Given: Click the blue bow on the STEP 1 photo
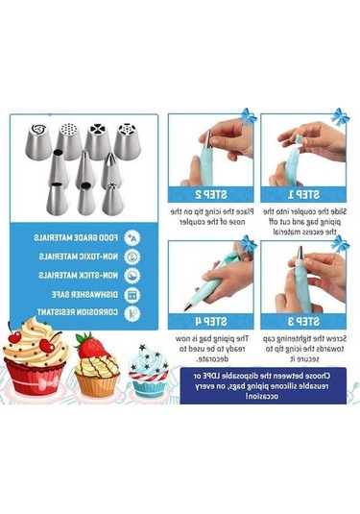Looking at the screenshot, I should [339, 118].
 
